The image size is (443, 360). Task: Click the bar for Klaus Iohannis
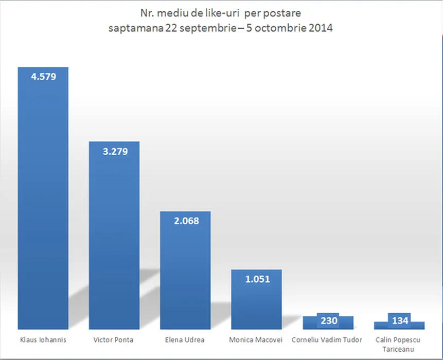(43, 206)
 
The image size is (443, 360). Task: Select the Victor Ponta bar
(114, 242)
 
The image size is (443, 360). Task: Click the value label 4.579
(43, 77)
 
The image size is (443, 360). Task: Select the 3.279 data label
(114, 152)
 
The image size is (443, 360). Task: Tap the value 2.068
(185, 221)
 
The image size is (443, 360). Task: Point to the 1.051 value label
(256, 279)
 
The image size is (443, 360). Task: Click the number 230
(328, 321)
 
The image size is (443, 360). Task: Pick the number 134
(399, 321)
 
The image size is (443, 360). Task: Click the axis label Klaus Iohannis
(43, 340)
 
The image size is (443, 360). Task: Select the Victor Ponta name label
(114, 340)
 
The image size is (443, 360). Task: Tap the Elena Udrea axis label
(185, 340)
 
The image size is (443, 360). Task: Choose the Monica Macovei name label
(256, 340)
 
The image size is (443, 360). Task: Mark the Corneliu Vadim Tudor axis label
(327, 340)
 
